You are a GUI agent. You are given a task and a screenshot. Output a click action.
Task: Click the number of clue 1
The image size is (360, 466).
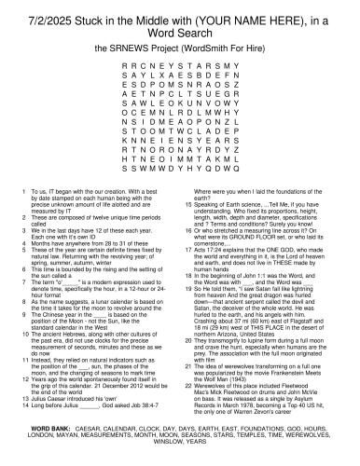(21, 189)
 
